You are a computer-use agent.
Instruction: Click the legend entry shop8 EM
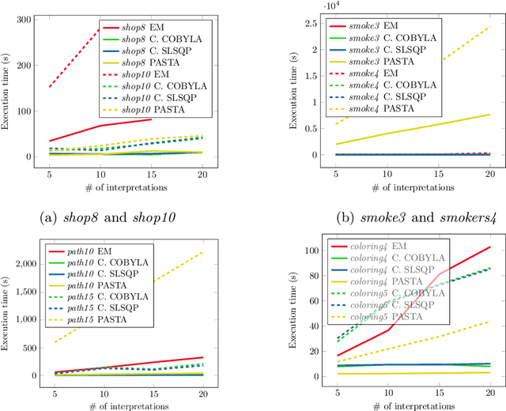click(149, 28)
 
